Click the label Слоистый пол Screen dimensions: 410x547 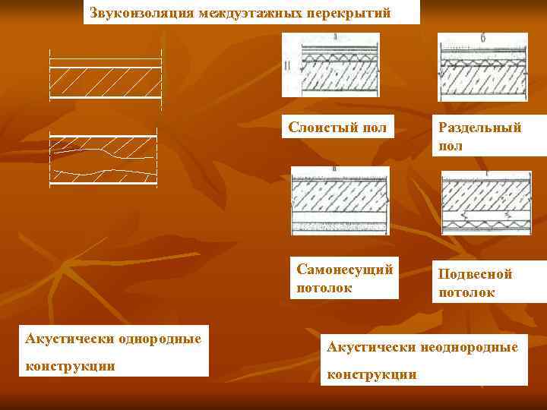(x=337, y=128)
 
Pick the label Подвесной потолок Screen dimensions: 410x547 (x=475, y=282)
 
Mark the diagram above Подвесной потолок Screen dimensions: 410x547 (x=485, y=200)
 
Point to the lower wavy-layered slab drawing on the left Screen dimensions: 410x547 (x=103, y=159)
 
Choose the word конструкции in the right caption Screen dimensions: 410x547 (x=372, y=374)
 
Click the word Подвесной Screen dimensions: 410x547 (x=475, y=274)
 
